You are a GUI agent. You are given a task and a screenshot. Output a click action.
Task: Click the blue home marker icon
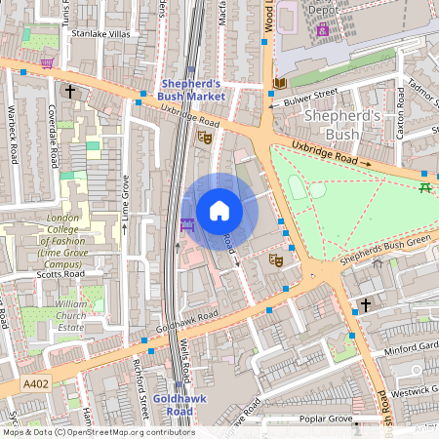click(219, 210)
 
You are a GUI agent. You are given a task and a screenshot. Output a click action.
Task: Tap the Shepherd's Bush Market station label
click(192, 91)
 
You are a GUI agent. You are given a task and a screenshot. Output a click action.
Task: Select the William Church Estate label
click(71, 315)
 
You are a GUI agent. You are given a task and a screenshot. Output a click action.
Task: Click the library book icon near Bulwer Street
click(279, 84)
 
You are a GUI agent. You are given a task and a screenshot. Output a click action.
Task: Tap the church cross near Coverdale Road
click(69, 92)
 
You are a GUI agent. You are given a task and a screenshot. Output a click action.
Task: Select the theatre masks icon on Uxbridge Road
click(206, 137)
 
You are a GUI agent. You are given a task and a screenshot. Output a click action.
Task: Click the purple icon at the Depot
click(322, 29)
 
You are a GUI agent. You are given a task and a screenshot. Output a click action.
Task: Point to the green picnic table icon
click(423, 186)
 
